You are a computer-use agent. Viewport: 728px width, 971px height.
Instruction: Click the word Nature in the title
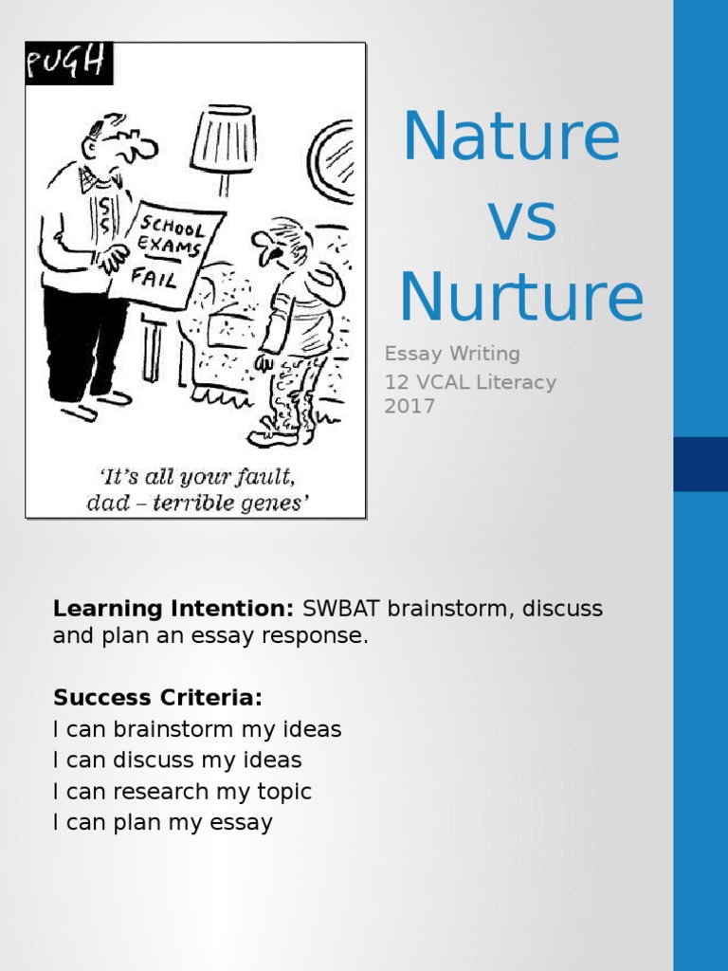[511, 137]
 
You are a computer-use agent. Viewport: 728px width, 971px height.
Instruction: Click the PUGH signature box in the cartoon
[69, 64]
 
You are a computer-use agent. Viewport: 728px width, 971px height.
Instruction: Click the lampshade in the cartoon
[224, 138]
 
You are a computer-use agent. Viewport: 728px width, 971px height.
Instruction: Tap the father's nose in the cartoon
[143, 149]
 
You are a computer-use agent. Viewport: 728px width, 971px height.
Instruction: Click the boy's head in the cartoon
[282, 242]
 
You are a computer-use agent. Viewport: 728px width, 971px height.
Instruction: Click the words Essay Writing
[452, 354]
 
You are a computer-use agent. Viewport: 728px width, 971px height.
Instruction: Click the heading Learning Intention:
[173, 608]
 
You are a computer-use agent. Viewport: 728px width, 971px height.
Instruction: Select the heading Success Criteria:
[157, 699]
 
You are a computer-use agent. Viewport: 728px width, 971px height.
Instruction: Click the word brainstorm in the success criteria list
[173, 729]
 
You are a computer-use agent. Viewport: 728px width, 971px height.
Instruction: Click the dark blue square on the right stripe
[701, 464]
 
